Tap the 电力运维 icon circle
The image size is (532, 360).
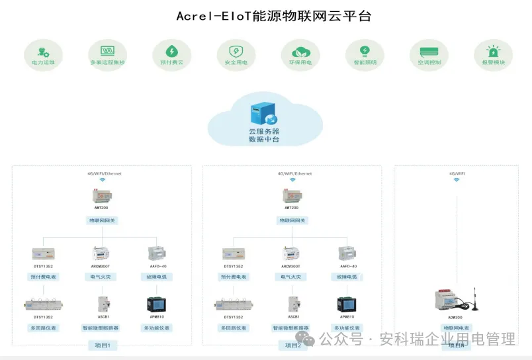tap(44, 51)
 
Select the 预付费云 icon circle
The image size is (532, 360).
tap(171, 51)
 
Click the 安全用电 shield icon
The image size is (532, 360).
tap(236, 51)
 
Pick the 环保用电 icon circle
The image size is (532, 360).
tap(300, 51)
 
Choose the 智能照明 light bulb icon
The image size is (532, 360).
tap(364, 50)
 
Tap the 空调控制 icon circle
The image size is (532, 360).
tap(429, 51)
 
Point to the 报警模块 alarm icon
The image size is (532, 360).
tap(493, 51)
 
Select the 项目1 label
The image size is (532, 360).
tap(103, 345)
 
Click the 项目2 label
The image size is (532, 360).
tap(293, 345)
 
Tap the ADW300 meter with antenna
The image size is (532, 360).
tap(457, 301)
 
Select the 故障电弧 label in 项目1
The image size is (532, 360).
tap(156, 277)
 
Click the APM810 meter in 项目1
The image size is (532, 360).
tap(156, 304)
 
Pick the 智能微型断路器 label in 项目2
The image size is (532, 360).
tap(292, 328)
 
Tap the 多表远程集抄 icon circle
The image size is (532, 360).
tap(107, 51)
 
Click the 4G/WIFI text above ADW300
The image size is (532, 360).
tap(457, 173)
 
